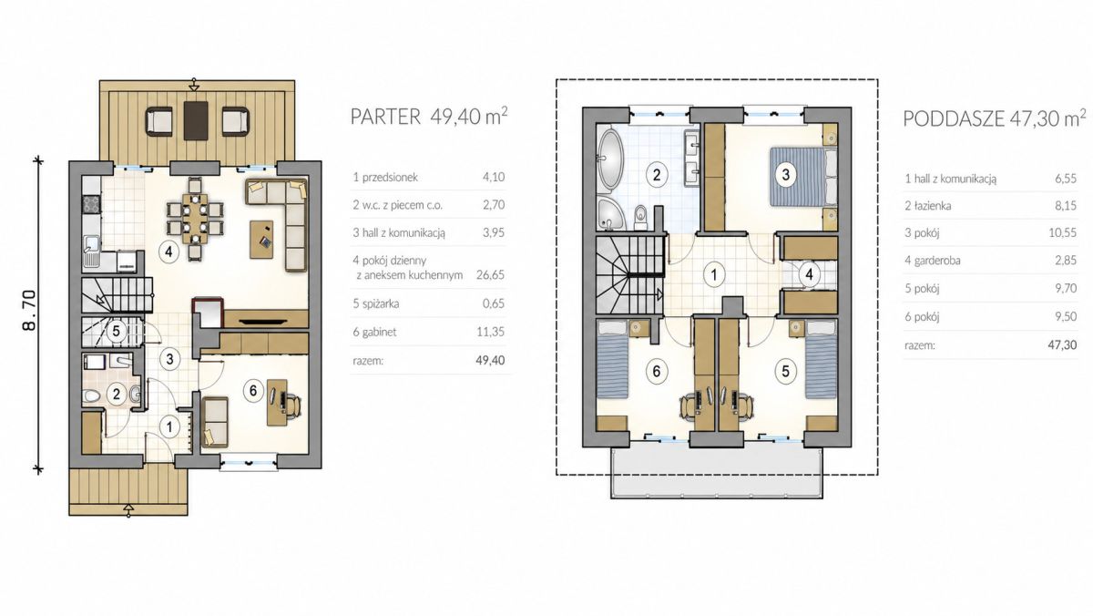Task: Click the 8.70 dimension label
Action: (29, 311)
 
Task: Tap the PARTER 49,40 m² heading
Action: (429, 117)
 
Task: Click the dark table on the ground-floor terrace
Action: (196, 120)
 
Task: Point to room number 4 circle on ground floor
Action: (169, 252)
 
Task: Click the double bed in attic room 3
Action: (803, 177)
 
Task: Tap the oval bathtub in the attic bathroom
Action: (610, 159)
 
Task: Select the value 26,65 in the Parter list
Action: (490, 274)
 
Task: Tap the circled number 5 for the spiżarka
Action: (117, 332)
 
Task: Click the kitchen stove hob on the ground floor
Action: (92, 204)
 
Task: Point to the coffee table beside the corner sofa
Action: (261, 239)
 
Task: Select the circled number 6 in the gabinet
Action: (253, 391)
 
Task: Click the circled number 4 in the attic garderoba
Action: (809, 274)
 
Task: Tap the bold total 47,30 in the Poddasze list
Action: (1062, 345)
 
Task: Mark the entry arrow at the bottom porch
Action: (128, 510)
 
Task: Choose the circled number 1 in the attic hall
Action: (714, 274)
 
